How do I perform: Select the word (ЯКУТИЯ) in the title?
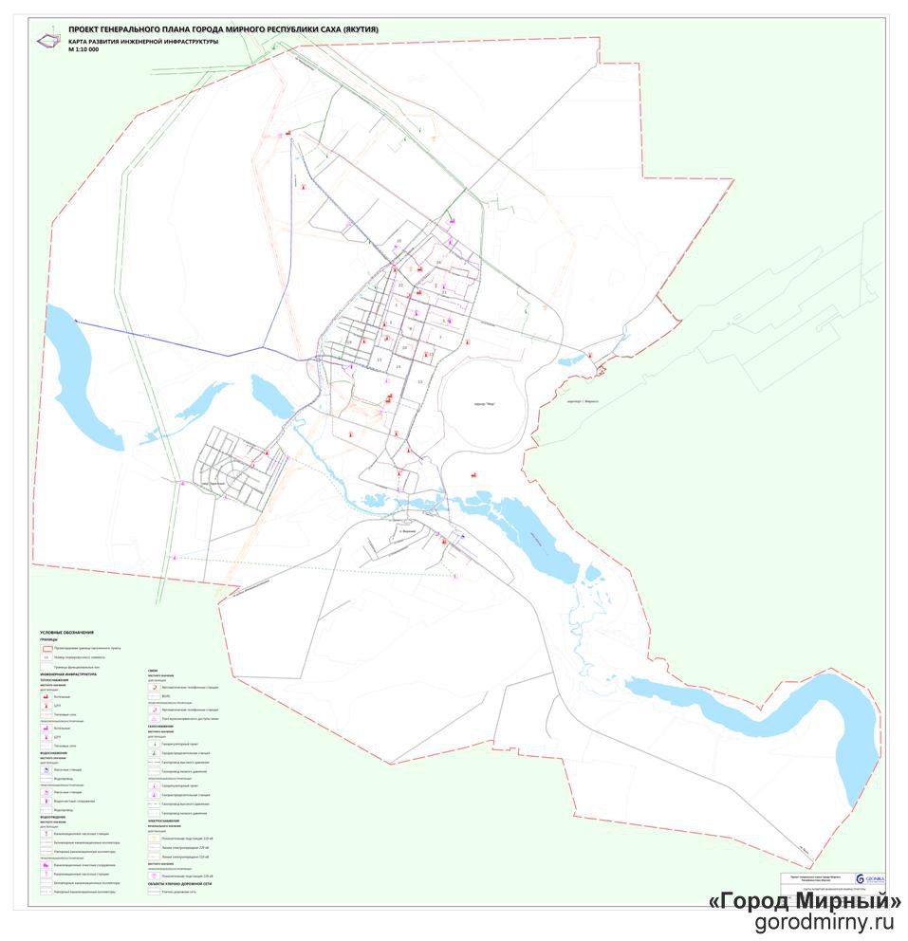pyautogui.click(x=356, y=29)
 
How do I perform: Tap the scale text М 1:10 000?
pyautogui.click(x=83, y=48)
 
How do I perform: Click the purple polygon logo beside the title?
pyautogui.click(x=46, y=41)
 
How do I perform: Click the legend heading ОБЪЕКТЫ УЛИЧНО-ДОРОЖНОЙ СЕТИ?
pyautogui.click(x=186, y=883)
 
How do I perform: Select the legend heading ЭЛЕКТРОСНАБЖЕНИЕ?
pyautogui.click(x=168, y=821)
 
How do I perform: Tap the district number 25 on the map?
pyautogui.click(x=399, y=241)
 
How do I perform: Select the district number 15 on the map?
pyautogui.click(x=379, y=360)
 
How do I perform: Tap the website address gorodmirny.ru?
pyautogui.click(x=825, y=924)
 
